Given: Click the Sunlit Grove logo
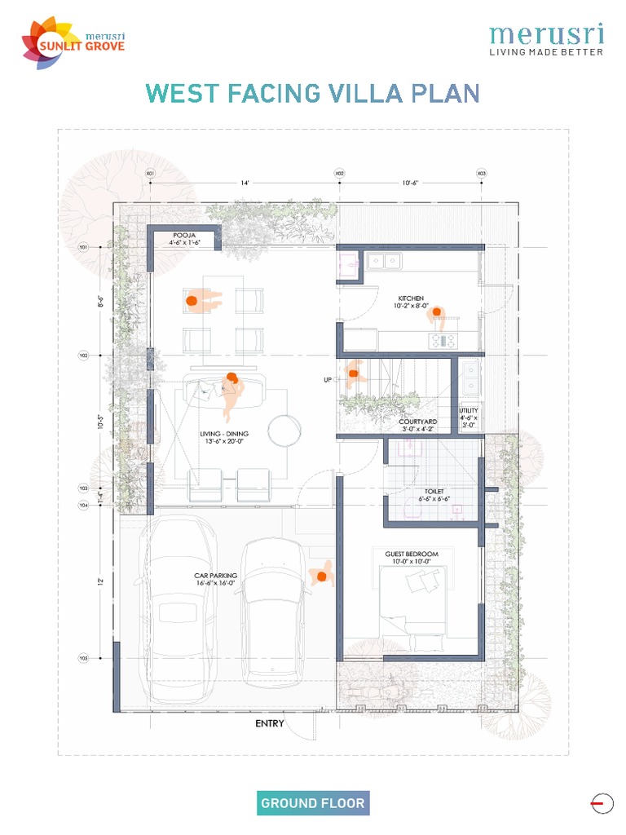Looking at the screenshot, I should point(73,44).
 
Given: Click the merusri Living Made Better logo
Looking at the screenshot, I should point(546,40).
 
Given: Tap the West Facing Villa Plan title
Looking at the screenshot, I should point(312,93).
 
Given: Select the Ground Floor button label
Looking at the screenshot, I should point(312,803).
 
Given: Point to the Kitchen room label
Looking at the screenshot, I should point(411,302).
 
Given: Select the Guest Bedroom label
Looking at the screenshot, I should point(412,558).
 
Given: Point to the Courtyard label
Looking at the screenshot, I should point(419,424).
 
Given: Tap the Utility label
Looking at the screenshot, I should point(469,415).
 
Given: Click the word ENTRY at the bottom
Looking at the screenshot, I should point(270,723).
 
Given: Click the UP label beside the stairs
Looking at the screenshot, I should point(328,380).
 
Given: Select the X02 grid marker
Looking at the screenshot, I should point(339,174).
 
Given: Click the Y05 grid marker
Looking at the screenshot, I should point(83,658).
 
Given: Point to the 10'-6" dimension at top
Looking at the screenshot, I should point(409,183).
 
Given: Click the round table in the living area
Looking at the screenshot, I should point(285,430).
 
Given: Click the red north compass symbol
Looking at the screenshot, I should point(602,804).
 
